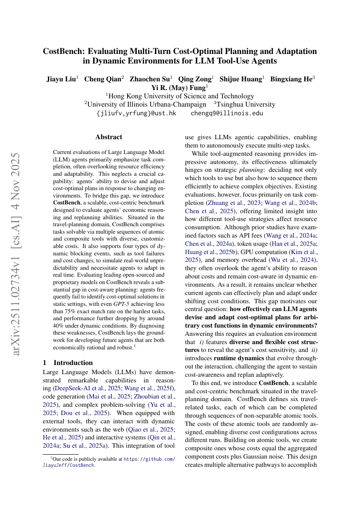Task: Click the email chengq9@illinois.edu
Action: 227,113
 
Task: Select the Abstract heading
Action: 109,137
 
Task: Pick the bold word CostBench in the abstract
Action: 67,202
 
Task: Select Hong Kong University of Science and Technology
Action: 180,96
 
